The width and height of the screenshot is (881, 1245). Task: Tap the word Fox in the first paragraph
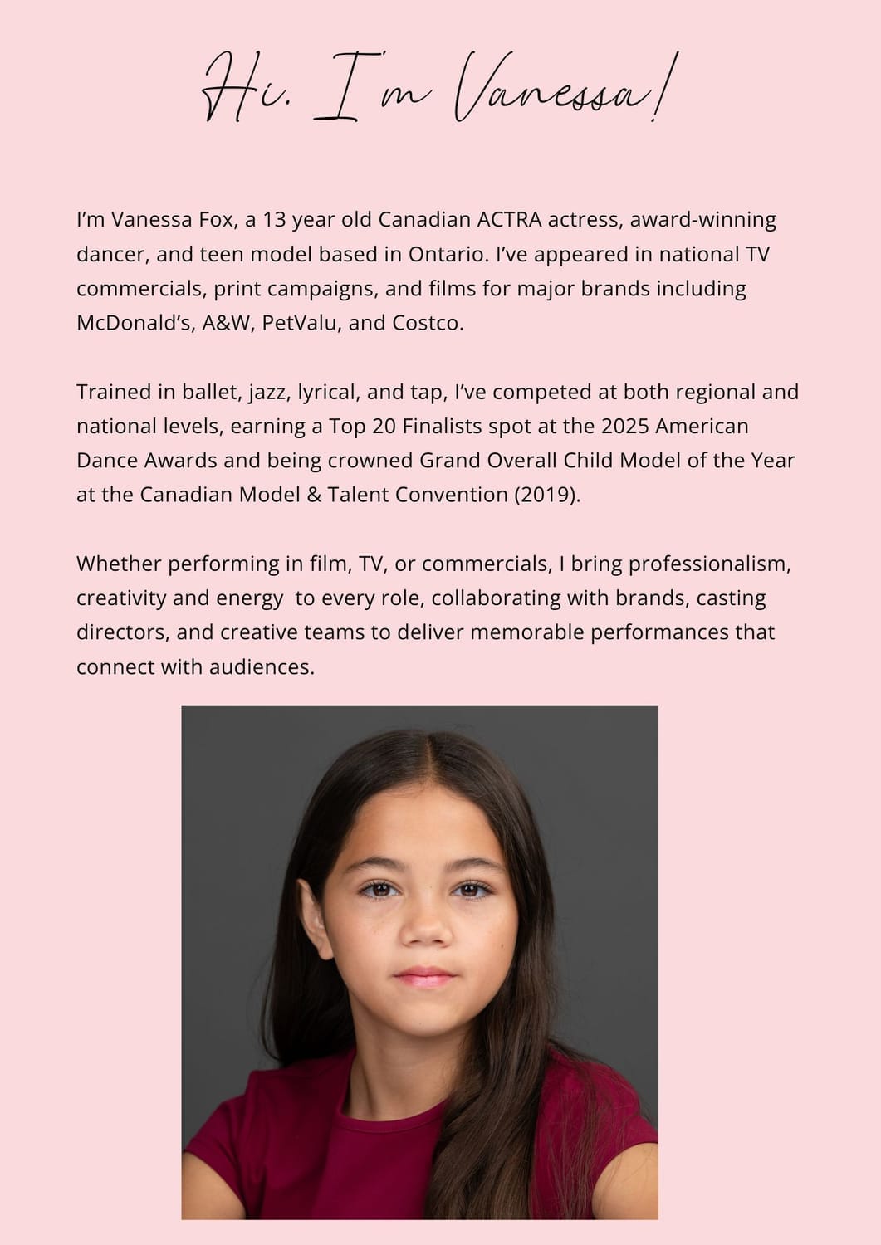click(216, 220)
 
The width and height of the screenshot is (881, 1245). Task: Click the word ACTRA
click(509, 220)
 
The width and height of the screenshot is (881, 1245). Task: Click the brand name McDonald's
click(135, 323)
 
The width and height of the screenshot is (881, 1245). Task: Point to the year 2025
click(624, 426)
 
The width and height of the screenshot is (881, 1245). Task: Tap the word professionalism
click(709, 564)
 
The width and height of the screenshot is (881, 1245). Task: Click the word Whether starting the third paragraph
click(119, 564)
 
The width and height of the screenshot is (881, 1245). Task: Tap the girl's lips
click(425, 976)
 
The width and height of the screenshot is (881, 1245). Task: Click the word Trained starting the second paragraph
click(115, 392)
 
